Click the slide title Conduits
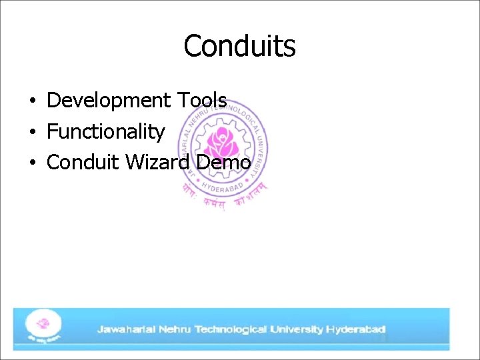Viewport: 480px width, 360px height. (239, 47)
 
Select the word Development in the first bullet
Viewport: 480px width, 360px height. (109, 101)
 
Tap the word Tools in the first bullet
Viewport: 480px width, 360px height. (201, 101)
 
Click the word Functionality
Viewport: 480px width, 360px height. (105, 132)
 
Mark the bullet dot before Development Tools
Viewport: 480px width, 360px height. (32, 102)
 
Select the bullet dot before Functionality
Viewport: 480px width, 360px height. (32, 133)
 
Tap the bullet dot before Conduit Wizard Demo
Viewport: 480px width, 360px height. (32, 163)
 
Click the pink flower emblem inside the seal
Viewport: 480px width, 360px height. (221, 142)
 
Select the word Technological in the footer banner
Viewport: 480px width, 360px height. (230, 329)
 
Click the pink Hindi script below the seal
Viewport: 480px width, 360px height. (223, 196)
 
